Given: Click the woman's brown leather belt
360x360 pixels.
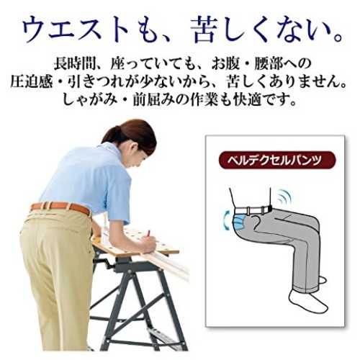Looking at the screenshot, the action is [x=60, y=207].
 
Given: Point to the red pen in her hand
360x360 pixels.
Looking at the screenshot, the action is [x=149, y=233].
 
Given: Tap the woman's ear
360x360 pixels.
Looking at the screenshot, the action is [x=135, y=146].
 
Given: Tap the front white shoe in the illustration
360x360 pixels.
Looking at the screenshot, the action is [x=307, y=302].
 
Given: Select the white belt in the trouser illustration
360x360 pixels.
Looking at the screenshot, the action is [x=253, y=211].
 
